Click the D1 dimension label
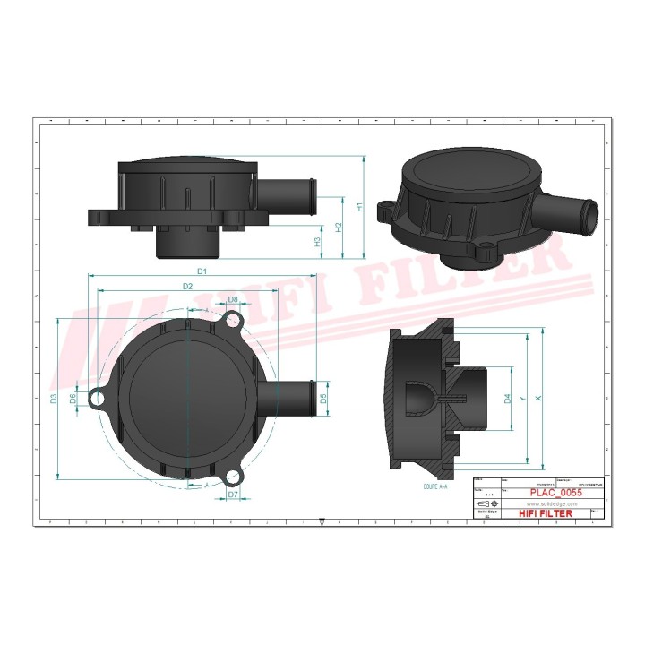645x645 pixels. pyautogui.click(x=202, y=270)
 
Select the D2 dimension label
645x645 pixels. pyautogui.click(x=187, y=286)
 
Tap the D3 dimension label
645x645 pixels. pyautogui.click(x=54, y=398)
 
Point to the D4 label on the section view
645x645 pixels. pyautogui.click(x=508, y=399)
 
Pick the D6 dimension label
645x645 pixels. pyautogui.click(x=73, y=398)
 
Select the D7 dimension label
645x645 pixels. pyautogui.click(x=232, y=494)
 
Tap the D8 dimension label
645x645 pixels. pyautogui.click(x=232, y=299)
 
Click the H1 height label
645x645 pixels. pyautogui.click(x=359, y=206)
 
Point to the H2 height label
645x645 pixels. pyautogui.click(x=339, y=227)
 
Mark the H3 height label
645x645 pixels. pyautogui.click(x=318, y=241)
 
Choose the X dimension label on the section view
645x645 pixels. pyautogui.click(x=537, y=398)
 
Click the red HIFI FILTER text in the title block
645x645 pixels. pyautogui.click(x=546, y=513)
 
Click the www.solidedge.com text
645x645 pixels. pyautogui.click(x=546, y=503)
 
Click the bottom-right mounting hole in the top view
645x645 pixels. pyautogui.click(x=235, y=476)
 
